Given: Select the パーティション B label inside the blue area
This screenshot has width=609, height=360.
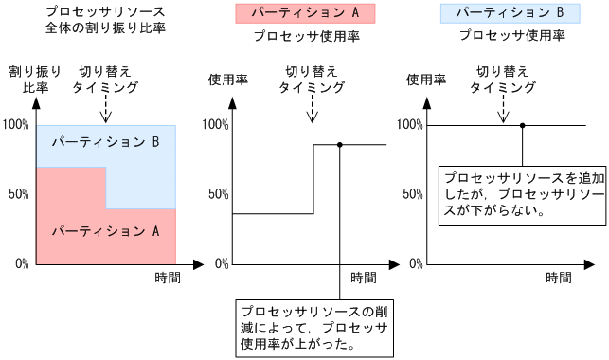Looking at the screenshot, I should point(105,143).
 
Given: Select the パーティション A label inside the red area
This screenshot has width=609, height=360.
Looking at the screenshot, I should point(105,229).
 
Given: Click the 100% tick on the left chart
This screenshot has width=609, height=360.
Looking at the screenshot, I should point(16,125).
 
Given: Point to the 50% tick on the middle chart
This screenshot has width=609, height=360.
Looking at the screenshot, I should point(216,194).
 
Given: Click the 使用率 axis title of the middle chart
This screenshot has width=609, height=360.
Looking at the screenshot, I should point(227,80).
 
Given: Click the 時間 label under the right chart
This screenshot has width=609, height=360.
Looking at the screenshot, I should point(559,279).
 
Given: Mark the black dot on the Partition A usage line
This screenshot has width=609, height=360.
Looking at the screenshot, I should point(339,144).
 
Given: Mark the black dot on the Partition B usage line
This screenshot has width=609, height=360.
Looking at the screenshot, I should point(522,125).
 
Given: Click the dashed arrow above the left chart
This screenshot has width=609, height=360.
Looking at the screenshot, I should point(106,109).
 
